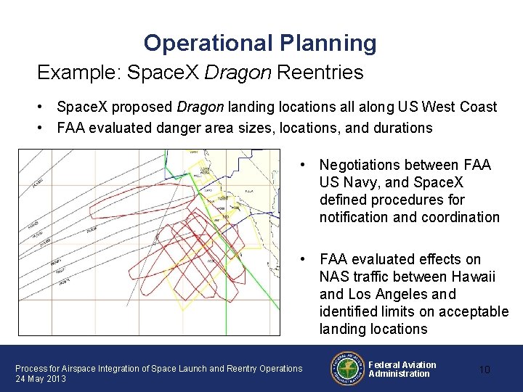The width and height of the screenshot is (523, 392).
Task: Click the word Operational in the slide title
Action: [208, 44]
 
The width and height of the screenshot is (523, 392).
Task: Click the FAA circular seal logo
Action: [347, 368]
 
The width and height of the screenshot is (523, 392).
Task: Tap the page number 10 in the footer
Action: [485, 369]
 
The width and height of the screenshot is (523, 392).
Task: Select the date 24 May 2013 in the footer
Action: [41, 379]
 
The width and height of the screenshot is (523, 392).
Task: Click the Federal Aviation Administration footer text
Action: [402, 369]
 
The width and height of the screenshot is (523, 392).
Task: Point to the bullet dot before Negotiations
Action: [301, 166]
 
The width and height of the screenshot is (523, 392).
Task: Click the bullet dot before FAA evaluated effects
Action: [301, 260]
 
